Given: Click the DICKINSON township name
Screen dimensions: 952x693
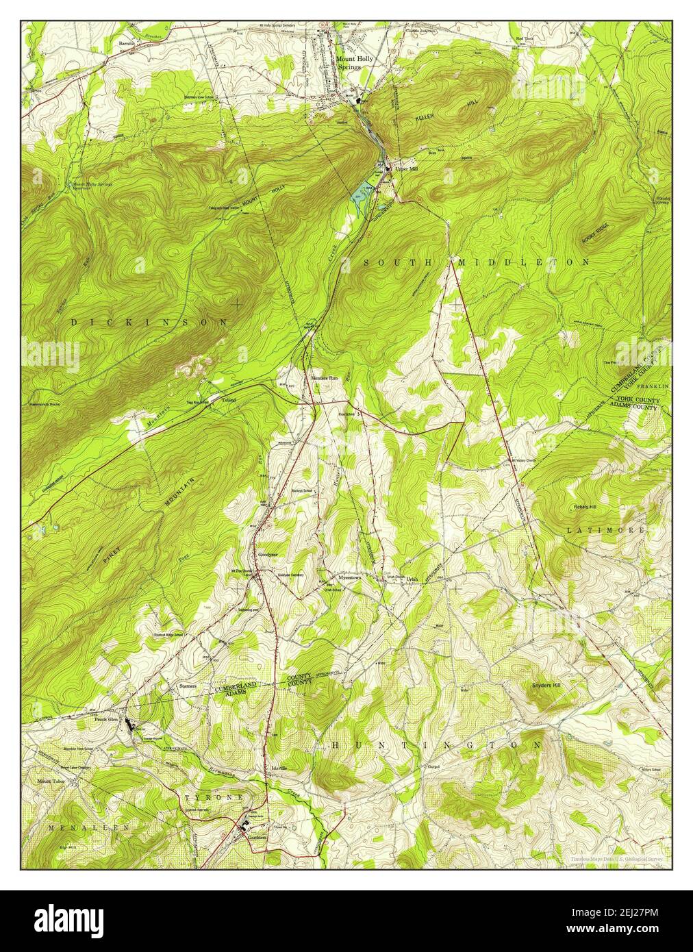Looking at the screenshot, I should pos(149,321).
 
